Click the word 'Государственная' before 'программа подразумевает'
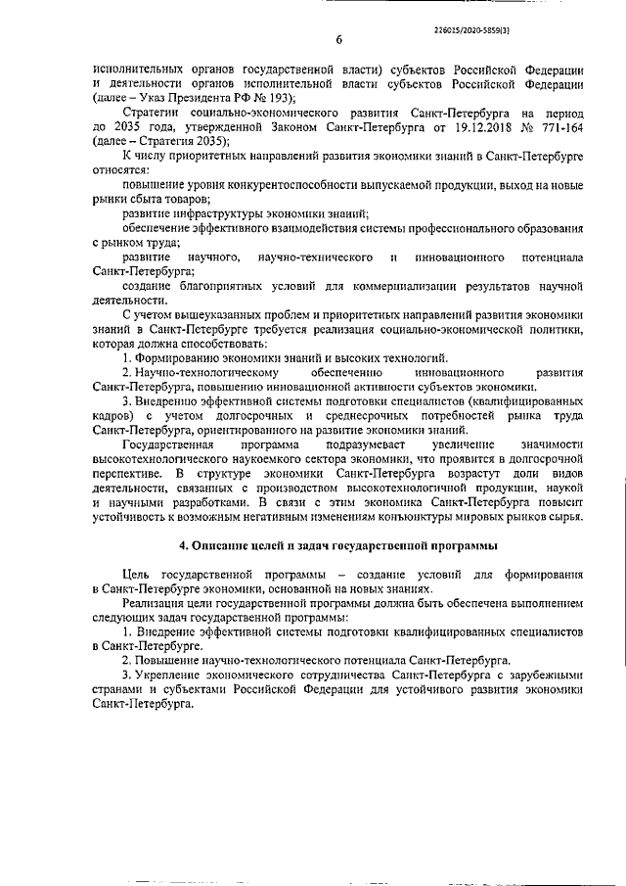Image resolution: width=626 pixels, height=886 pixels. click(x=170, y=445)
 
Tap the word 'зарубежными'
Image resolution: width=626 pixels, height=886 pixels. click(x=547, y=676)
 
